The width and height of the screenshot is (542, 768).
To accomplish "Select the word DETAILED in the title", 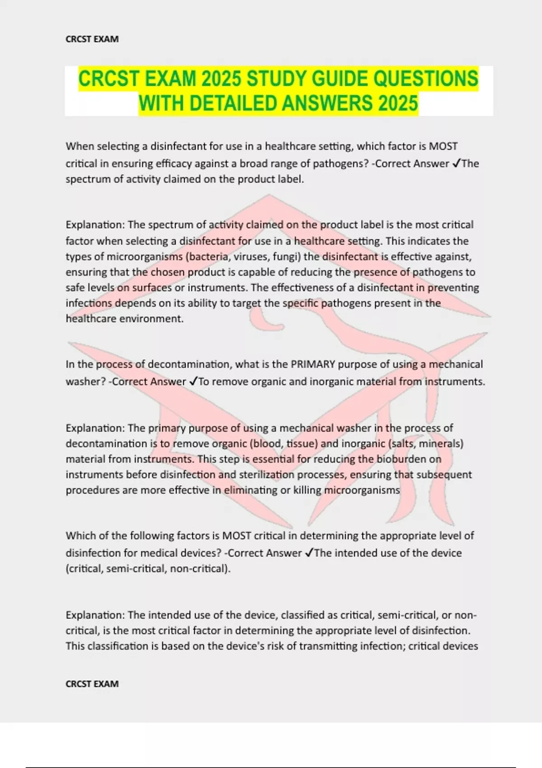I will [x=233, y=103].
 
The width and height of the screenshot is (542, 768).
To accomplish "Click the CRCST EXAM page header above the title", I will [x=92, y=39].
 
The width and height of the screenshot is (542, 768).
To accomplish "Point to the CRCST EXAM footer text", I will [x=92, y=684].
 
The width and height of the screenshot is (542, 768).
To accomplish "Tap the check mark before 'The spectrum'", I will [x=456, y=164].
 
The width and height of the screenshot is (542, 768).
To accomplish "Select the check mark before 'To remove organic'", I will [x=193, y=382].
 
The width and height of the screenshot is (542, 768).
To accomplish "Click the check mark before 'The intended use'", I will [x=309, y=553].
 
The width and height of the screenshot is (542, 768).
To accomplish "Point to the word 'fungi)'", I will [x=287, y=257].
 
